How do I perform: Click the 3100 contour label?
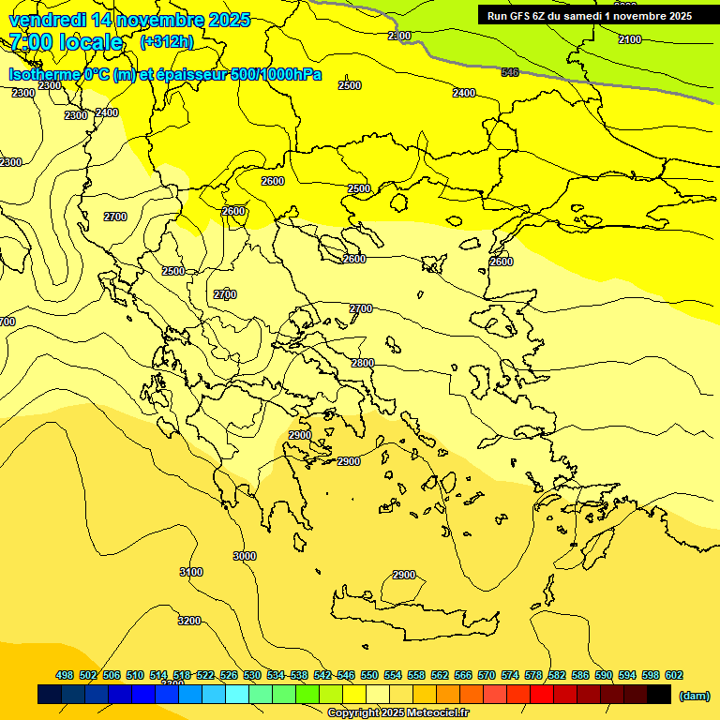tap(190, 572)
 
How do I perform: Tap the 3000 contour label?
tap(244, 556)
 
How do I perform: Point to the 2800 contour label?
tap(362, 363)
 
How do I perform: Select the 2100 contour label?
tap(630, 39)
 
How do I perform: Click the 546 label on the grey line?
tap(510, 72)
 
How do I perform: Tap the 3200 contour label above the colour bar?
tap(189, 621)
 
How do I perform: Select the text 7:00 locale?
tap(66, 42)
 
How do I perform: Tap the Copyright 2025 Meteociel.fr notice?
tap(397, 713)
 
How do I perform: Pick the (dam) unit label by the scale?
tap(693, 695)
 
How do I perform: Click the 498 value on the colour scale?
tap(65, 675)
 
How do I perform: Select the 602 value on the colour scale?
tap(674, 675)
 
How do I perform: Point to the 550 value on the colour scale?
tap(369, 675)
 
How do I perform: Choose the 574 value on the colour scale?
tap(510, 675)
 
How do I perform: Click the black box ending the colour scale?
tap(659, 695)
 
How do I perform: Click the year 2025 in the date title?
tap(229, 20)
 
